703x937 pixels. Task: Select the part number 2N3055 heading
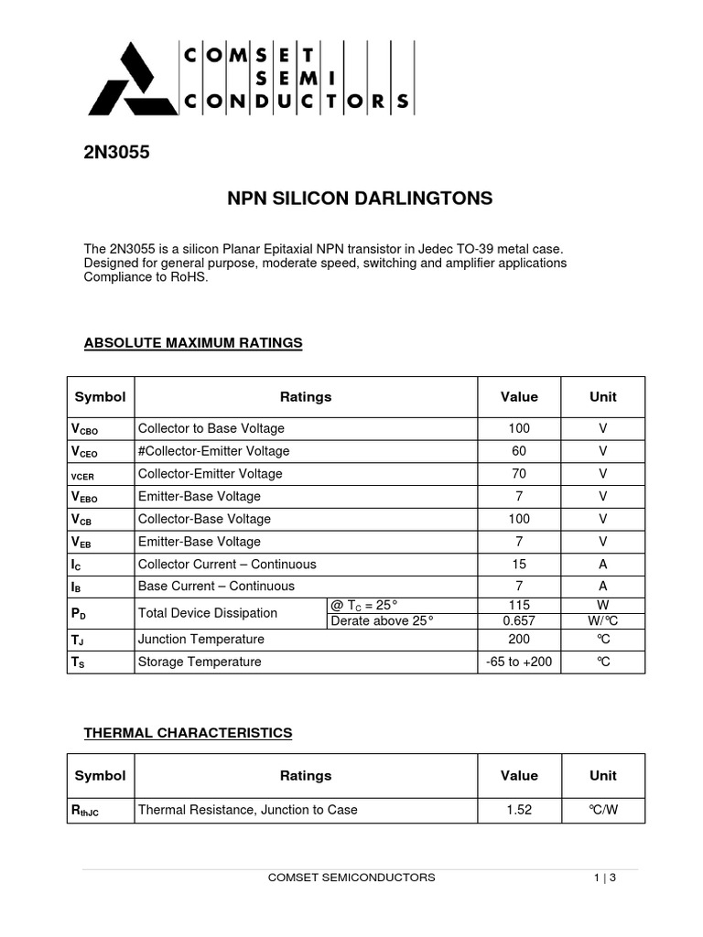(116, 153)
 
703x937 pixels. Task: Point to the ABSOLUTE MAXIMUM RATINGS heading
(192, 343)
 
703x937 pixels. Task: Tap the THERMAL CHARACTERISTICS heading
(188, 733)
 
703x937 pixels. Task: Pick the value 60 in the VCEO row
(519, 451)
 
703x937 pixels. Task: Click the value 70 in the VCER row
(519, 474)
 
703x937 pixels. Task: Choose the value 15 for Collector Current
(519, 564)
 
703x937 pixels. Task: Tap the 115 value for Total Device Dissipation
(519, 605)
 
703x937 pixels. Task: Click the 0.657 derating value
(519, 621)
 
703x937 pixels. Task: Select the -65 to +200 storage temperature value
(519, 662)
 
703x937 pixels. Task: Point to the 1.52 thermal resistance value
(519, 810)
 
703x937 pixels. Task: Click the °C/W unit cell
(602, 810)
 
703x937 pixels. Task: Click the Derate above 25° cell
(381, 621)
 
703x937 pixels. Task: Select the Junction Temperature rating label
(200, 640)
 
